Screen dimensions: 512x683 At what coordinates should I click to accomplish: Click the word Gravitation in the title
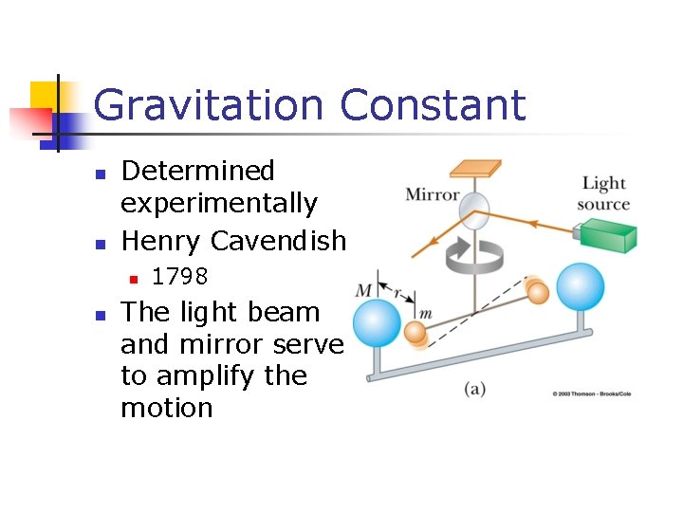(x=211, y=104)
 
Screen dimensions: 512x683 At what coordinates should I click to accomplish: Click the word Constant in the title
(x=433, y=104)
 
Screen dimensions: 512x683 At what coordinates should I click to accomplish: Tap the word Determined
(x=198, y=171)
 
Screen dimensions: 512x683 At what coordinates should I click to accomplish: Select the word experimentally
(x=219, y=203)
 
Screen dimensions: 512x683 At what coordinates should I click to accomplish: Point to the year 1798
(x=179, y=277)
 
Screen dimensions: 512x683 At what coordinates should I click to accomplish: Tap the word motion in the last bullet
(x=167, y=408)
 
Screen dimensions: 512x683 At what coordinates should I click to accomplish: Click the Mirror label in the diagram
(x=432, y=194)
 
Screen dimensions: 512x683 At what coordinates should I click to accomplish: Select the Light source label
(x=604, y=193)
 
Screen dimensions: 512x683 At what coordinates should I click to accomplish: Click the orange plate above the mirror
(x=475, y=169)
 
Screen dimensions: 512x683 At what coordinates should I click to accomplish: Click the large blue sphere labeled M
(x=377, y=322)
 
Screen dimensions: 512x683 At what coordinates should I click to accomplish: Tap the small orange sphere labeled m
(x=415, y=333)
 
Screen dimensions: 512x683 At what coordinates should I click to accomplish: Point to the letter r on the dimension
(x=397, y=294)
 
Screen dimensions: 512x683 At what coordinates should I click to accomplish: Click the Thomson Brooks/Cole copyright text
(x=592, y=393)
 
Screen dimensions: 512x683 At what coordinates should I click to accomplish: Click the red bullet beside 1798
(x=134, y=278)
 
